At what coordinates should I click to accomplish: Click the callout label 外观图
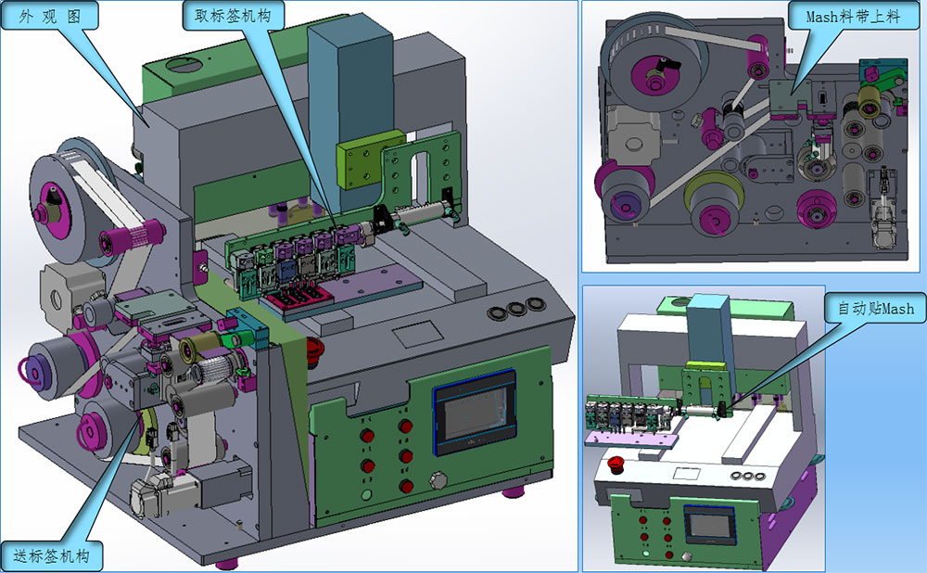coord(50,16)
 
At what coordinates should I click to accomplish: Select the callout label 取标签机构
coord(233,16)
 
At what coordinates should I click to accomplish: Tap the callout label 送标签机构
coord(51,556)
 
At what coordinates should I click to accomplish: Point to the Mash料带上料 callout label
coord(854,16)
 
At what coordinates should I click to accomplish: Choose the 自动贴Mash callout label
coord(876,308)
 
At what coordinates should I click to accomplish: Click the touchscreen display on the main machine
coord(475,411)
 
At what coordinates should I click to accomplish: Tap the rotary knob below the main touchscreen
coord(438,479)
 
